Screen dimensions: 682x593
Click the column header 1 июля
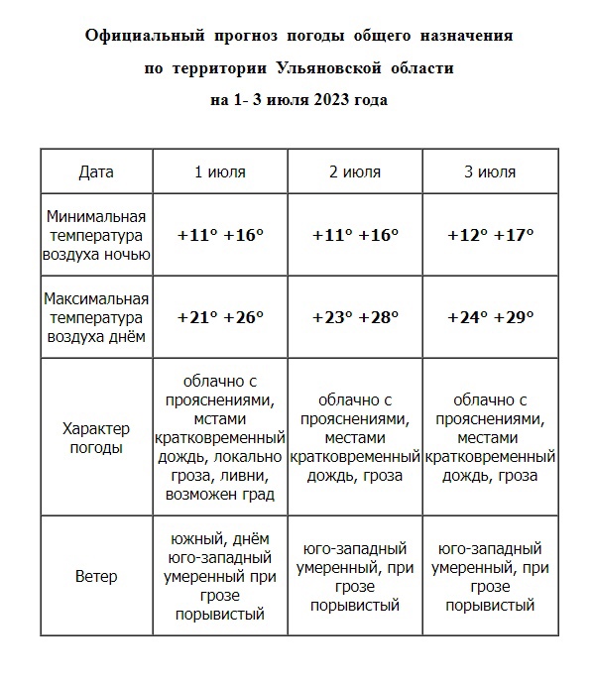tap(219, 171)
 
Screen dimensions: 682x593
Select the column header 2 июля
tap(354, 171)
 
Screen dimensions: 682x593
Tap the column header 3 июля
tap(490, 171)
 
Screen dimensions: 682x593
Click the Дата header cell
tap(96, 171)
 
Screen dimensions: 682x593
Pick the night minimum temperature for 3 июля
tap(490, 236)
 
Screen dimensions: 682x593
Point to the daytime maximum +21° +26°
tap(219, 317)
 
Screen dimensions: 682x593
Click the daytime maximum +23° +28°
tap(354, 317)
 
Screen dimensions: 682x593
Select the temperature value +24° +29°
tap(490, 317)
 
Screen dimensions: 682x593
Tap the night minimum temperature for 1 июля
tap(219, 236)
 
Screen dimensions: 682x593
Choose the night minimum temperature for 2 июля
tap(354, 236)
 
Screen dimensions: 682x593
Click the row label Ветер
tap(96, 576)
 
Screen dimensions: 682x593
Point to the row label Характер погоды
tap(96, 438)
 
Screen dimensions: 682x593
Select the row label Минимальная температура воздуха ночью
tap(96, 236)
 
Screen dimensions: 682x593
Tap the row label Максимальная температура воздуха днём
tap(96, 317)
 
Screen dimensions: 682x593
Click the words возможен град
tap(219, 494)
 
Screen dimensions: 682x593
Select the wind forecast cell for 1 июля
tap(219, 576)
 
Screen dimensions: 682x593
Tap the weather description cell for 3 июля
tap(490, 438)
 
